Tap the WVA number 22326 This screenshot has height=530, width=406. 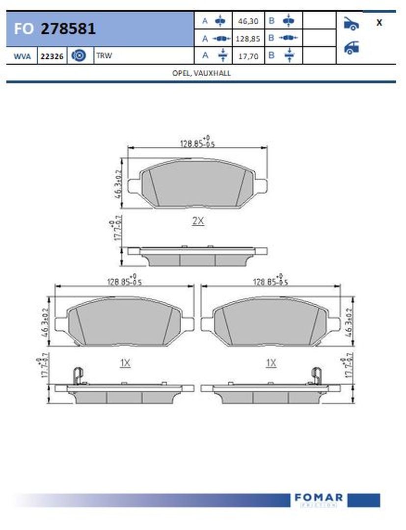pyautogui.click(x=51, y=56)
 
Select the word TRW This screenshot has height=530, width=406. pyautogui.click(x=104, y=56)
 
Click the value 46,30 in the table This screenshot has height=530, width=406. pyautogui.click(x=248, y=22)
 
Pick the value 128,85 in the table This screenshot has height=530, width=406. pyautogui.click(x=248, y=38)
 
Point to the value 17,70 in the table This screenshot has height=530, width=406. pyautogui.click(x=248, y=56)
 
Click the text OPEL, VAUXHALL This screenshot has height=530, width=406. pyautogui.click(x=201, y=73)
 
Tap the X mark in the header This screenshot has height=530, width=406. pyautogui.click(x=379, y=23)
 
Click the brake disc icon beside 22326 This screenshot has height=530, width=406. pyautogui.click(x=79, y=56)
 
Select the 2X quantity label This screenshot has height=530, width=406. pyautogui.click(x=197, y=221)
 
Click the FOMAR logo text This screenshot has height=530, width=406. pyautogui.click(x=319, y=498)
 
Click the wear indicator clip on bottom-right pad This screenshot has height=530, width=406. pyautogui.click(x=317, y=376)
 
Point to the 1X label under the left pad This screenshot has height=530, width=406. pyautogui.click(x=125, y=363)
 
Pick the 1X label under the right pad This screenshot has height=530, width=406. pyautogui.click(x=271, y=363)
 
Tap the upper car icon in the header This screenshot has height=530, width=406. pyautogui.click(x=351, y=23)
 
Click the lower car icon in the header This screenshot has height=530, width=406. pyautogui.click(x=351, y=48)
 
